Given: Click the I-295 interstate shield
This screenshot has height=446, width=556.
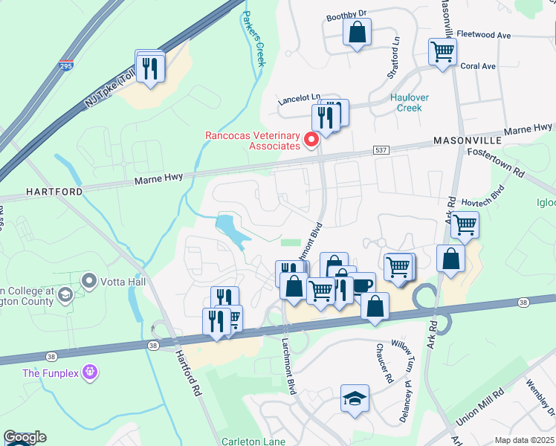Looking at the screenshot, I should pos(66,66).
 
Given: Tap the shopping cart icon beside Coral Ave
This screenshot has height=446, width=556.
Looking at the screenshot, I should pos(442,52).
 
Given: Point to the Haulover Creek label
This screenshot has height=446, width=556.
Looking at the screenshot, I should pos(405,103).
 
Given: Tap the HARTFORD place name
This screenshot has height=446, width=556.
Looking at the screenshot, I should pos(54,192).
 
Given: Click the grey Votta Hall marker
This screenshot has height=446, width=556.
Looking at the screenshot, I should pos(90,281).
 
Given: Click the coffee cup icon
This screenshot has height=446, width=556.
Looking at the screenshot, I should pos(362,285).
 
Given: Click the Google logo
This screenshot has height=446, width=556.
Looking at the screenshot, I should pos(25,437).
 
